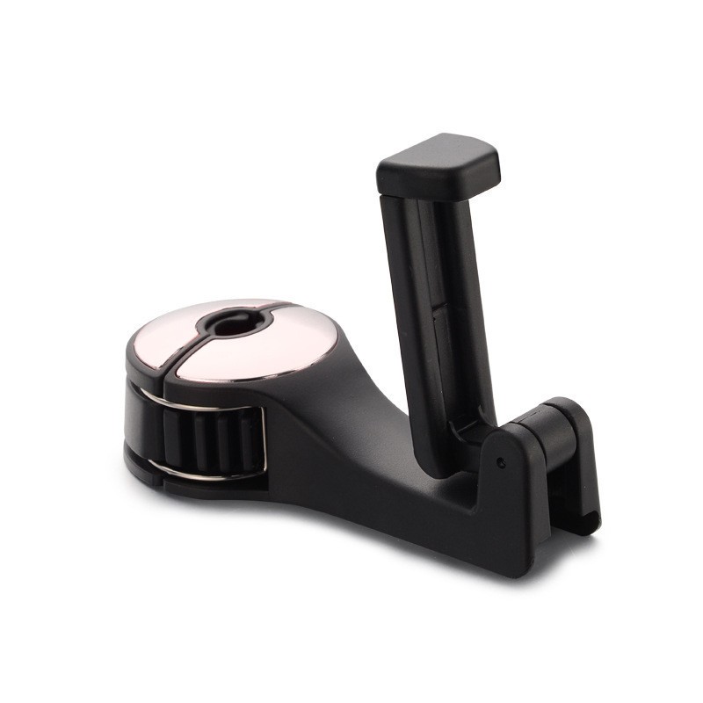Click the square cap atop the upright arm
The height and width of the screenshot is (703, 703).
point(439,168)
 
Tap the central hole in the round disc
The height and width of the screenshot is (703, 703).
point(230,324)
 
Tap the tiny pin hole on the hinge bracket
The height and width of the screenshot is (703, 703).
point(500,460)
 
